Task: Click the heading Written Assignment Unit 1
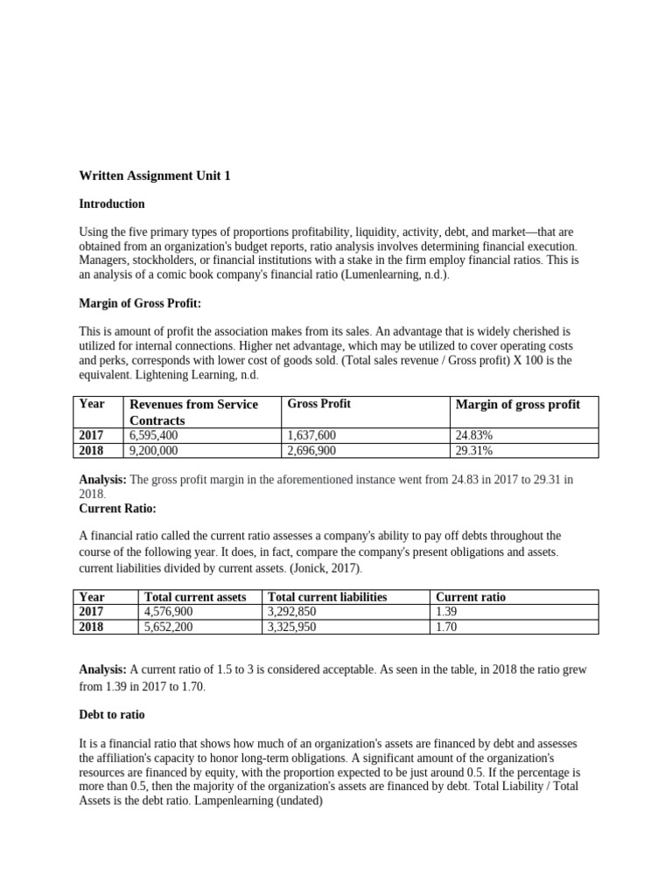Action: [155, 176]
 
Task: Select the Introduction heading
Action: [112, 204]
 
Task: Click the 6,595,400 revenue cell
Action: [153, 435]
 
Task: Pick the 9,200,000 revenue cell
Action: [153, 451]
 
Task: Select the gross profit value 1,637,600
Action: [311, 435]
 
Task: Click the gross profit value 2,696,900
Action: [311, 451]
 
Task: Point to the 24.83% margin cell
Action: [474, 435]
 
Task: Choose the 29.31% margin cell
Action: [474, 451]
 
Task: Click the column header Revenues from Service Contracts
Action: [193, 412]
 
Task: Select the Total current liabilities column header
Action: [327, 597]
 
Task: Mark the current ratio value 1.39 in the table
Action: [446, 612]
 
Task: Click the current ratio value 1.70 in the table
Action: [446, 627]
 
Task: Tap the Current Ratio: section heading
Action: [117, 508]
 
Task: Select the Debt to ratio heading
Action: [112, 714]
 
